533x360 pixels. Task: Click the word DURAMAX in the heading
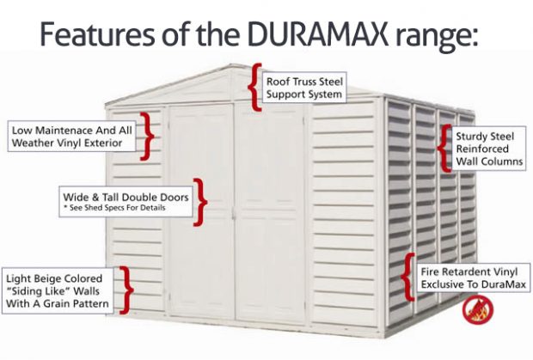coord(306,34)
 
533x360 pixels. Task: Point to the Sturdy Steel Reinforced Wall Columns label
coord(489,147)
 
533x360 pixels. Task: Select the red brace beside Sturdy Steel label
coord(445,147)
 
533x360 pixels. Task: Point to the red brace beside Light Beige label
coord(126,290)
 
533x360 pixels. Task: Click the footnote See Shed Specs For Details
coord(113,209)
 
